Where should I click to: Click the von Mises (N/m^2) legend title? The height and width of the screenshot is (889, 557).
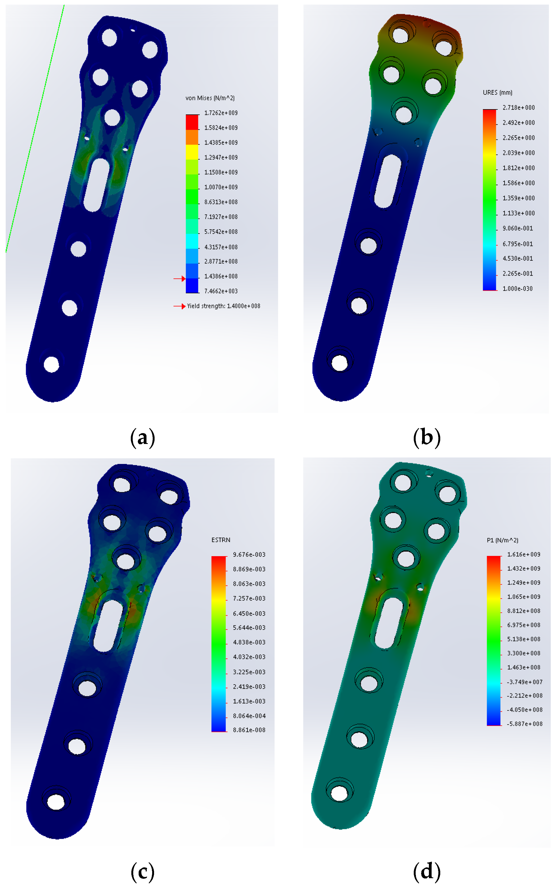[x=210, y=98]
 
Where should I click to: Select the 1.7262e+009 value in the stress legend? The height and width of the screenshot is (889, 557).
[x=221, y=113]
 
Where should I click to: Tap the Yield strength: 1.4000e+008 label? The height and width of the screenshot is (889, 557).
[x=224, y=306]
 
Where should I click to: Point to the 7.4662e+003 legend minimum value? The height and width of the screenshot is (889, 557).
[x=221, y=291]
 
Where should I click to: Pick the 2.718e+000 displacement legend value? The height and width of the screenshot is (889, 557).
[x=519, y=108]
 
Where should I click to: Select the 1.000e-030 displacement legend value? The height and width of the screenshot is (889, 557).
[x=518, y=288]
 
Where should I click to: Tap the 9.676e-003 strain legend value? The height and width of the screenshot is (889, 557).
[x=249, y=554]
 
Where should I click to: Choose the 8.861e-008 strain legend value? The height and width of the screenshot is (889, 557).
[x=249, y=730]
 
